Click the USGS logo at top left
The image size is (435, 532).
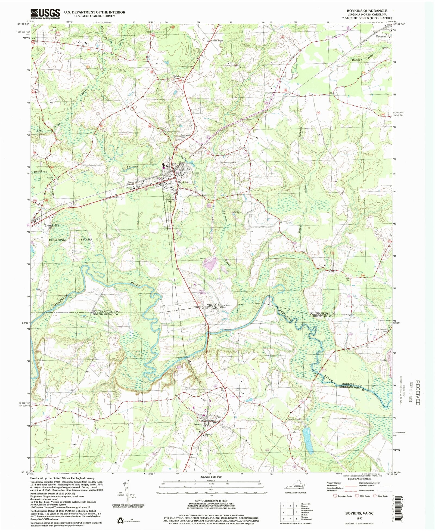(45, 14)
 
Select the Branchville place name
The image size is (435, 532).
(52, 225)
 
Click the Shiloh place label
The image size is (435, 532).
(176, 76)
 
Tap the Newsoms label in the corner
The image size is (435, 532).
(381, 36)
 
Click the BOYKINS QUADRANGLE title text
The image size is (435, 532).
(367, 11)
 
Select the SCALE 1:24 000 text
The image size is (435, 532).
(211, 477)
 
